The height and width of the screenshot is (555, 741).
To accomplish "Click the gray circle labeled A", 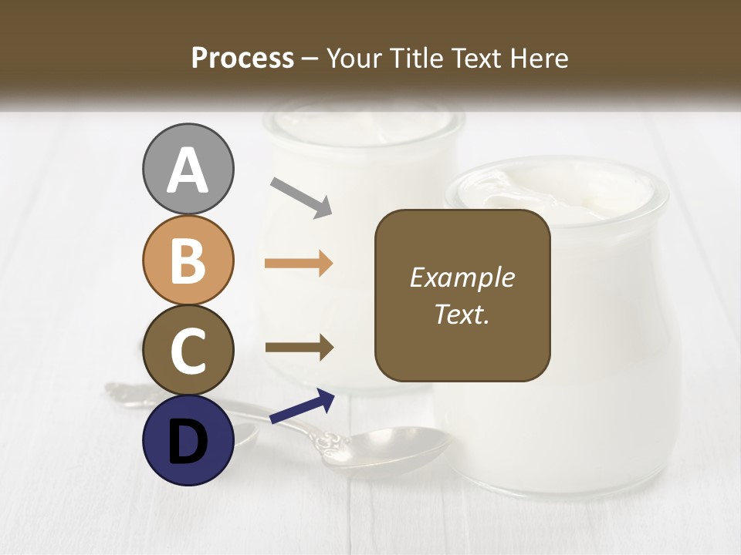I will pos(188,169).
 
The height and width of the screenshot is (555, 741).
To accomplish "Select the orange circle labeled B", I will pos(188,260).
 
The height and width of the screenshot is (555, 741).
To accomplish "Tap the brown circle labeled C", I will pos(188,350).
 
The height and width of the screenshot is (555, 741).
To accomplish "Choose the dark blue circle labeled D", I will pos(188,440).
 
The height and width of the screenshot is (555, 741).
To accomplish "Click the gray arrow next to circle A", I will pos(301,196).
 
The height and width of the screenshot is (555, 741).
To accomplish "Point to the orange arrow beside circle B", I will pos(299,264).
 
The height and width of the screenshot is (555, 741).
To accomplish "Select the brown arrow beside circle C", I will pos(299,348).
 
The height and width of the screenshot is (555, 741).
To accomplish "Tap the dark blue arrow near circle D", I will pos(302,407).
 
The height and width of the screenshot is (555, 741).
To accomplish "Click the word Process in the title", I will pos(242,59).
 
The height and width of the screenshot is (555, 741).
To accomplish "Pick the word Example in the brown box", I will pos(462,277).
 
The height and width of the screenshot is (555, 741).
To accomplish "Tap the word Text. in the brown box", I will pos(462,314).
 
